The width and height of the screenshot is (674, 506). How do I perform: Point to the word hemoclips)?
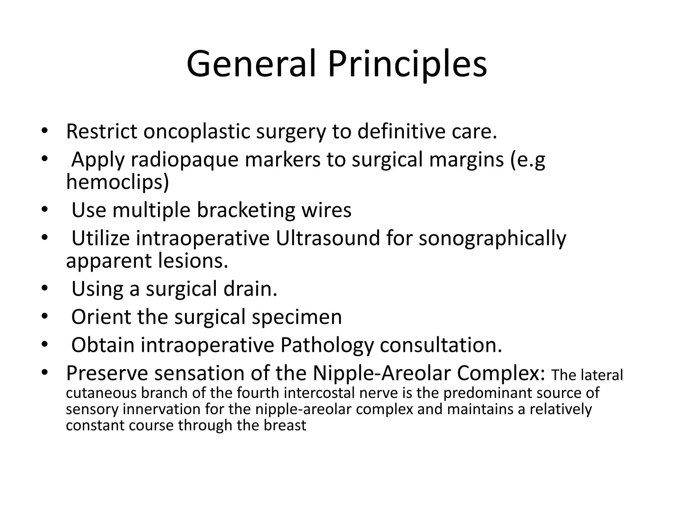(117, 182)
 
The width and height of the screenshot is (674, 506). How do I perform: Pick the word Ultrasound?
(328, 238)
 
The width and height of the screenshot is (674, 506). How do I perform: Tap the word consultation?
(441, 345)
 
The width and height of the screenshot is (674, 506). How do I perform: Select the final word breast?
(285, 425)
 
